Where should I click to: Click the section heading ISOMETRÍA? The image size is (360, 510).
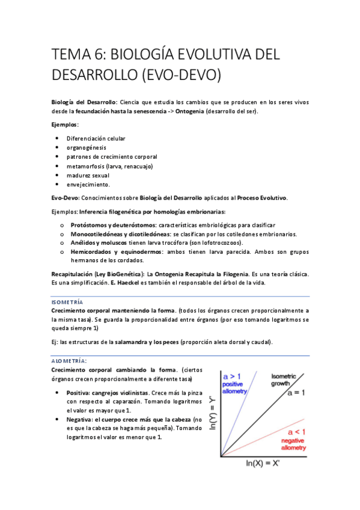(x=68, y=301)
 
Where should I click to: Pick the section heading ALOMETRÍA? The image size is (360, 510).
(x=69, y=360)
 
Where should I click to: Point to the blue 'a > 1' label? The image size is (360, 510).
(x=232, y=376)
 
